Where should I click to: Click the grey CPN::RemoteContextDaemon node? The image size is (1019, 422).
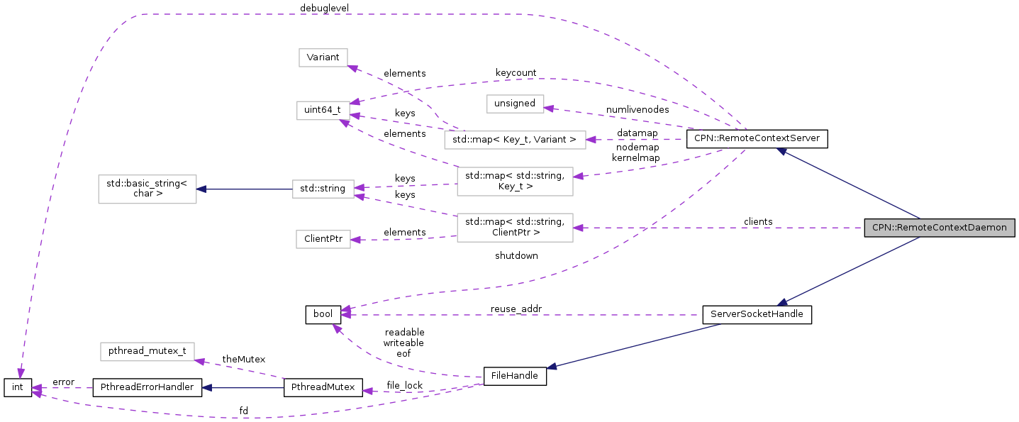939,228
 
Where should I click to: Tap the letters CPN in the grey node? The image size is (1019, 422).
879,228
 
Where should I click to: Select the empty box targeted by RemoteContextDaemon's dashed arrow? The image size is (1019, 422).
515,228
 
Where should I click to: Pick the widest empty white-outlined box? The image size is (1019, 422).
515,140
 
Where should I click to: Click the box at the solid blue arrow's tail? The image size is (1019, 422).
323,189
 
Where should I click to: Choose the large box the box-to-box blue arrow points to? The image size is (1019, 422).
147,189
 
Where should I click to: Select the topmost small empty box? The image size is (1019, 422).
323,57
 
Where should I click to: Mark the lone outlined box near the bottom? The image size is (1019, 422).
147,352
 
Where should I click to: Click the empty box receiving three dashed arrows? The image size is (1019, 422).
323,111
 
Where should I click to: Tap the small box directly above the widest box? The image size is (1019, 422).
515,104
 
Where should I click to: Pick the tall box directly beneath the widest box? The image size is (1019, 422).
515,182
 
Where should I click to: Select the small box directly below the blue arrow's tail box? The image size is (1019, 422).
323,239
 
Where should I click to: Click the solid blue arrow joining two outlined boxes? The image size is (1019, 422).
245,189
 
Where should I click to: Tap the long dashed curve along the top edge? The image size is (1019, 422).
340,14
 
